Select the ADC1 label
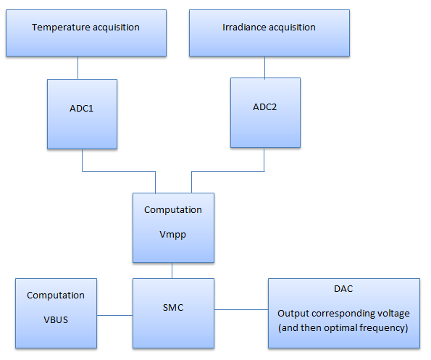[81, 108]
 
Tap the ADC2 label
[264, 107]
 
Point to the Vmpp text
[172, 235]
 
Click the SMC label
[173, 308]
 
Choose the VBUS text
[56, 320]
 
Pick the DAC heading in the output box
[343, 289]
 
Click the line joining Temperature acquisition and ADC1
[78, 68]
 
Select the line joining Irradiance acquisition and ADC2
[264, 67]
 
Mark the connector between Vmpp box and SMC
[172, 271]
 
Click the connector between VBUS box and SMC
[115, 315]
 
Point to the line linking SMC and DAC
[241, 310]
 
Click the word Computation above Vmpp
[173, 210]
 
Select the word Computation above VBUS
[56, 296]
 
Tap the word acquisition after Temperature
[116, 28]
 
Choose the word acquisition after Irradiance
[292, 28]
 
